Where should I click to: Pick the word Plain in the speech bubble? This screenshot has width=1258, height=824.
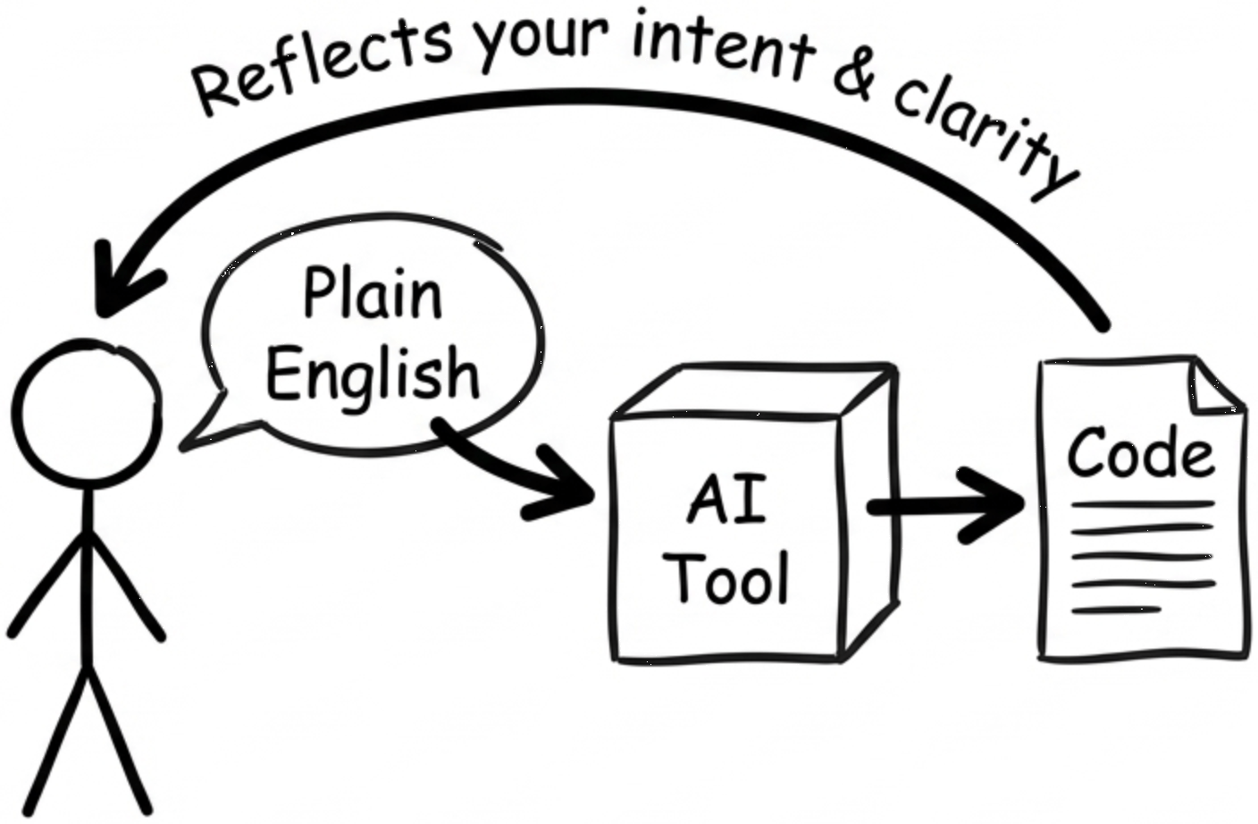point(373,294)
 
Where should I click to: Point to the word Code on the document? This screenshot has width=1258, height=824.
point(1141,454)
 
